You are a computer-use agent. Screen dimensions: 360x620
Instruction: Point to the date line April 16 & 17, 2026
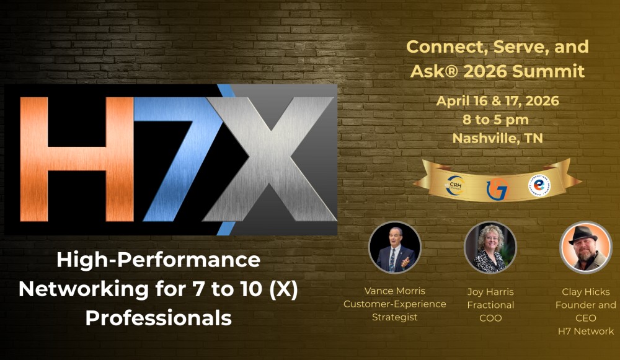pos(497,100)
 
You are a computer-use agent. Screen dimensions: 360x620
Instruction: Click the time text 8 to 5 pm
pos(497,119)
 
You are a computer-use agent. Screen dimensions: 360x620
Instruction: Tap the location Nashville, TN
pos(497,138)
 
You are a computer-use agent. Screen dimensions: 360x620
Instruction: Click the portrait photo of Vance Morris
pos(395,247)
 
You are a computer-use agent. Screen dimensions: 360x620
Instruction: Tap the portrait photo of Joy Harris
pos(490,247)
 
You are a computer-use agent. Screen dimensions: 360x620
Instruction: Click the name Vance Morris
pos(395,291)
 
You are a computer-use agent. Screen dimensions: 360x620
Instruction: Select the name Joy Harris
pos(490,291)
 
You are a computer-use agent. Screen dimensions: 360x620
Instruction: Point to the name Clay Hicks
pos(586,291)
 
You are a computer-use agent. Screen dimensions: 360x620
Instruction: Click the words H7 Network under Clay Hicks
pos(586,331)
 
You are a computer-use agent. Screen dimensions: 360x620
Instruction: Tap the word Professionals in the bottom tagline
pos(158,318)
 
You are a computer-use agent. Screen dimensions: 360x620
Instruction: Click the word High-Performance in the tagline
pos(158,260)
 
